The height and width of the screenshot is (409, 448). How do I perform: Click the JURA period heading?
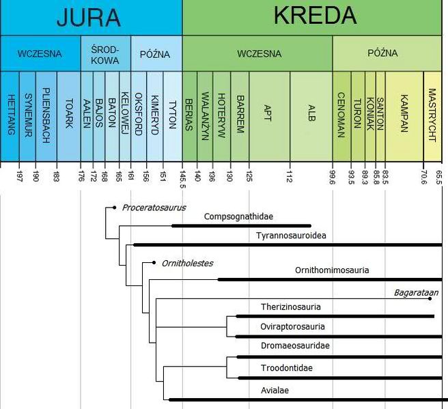pyautogui.click(x=89, y=17)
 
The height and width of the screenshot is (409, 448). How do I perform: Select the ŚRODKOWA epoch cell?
pyautogui.click(x=104, y=53)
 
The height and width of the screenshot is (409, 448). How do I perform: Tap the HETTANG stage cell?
pyautogui.click(x=10, y=113)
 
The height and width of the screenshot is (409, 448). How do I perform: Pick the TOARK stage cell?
pyautogui.click(x=69, y=113)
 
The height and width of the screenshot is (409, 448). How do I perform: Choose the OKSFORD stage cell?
pyautogui.click(x=138, y=113)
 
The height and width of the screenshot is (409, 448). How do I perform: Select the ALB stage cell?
pyautogui.click(x=311, y=113)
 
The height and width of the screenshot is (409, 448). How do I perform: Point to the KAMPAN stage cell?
pyautogui.click(x=404, y=113)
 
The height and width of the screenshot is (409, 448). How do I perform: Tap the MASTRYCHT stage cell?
pyautogui.click(x=432, y=113)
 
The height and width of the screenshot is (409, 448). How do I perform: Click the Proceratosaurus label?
pyautogui.click(x=154, y=208)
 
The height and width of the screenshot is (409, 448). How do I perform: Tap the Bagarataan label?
pyautogui.click(x=415, y=293)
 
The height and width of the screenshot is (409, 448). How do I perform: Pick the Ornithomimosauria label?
pyautogui.click(x=332, y=270)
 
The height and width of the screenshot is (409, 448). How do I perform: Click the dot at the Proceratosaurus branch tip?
pyautogui.click(x=115, y=207)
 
